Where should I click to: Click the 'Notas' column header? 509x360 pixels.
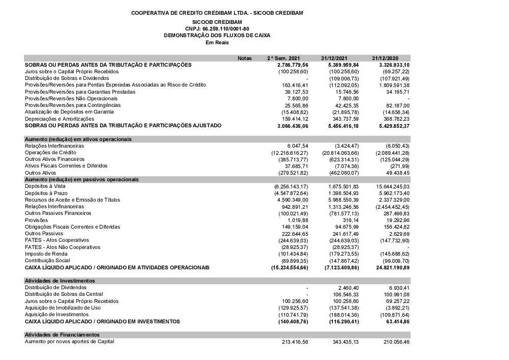click(245, 59)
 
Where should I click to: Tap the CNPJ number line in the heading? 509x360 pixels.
click(217, 29)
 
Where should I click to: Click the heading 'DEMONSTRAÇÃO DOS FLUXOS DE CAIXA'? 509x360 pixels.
click(217, 36)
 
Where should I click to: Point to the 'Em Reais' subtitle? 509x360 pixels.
click(217, 43)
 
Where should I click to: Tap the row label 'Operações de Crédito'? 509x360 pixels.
click(50, 152)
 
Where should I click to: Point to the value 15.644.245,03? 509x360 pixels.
click(393, 187)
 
